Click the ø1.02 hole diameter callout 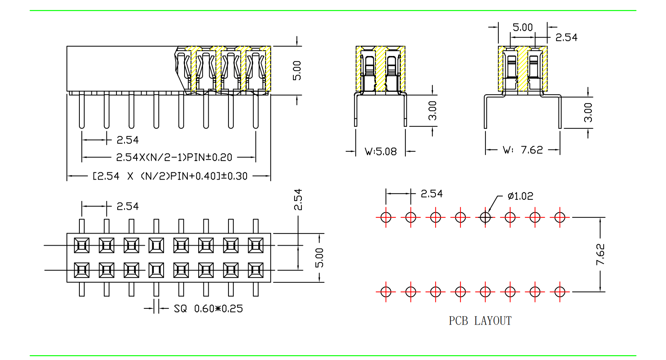coord(520,196)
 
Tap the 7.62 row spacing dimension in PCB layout coord(600,254)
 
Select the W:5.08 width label coord(381,152)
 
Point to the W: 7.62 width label coord(523,150)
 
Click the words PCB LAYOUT coord(480,321)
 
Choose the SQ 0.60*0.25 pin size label coord(208,309)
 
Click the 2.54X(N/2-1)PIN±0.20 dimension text coord(174,157)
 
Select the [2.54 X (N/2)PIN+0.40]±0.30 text coord(170,176)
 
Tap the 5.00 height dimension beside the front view coord(297,70)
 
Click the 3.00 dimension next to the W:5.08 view coord(432,110)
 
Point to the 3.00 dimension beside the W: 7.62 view coord(588,112)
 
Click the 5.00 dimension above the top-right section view coord(523,27)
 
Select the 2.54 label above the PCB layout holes coord(432,194)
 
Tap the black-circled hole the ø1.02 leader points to coord(485,217)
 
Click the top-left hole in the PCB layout coord(386,217)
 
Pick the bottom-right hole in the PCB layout coord(560,292)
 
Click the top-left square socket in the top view coord(82,245)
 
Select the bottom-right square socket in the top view coord(255,270)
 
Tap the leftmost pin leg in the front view coord(82,110)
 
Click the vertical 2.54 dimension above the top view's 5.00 coord(298,200)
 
